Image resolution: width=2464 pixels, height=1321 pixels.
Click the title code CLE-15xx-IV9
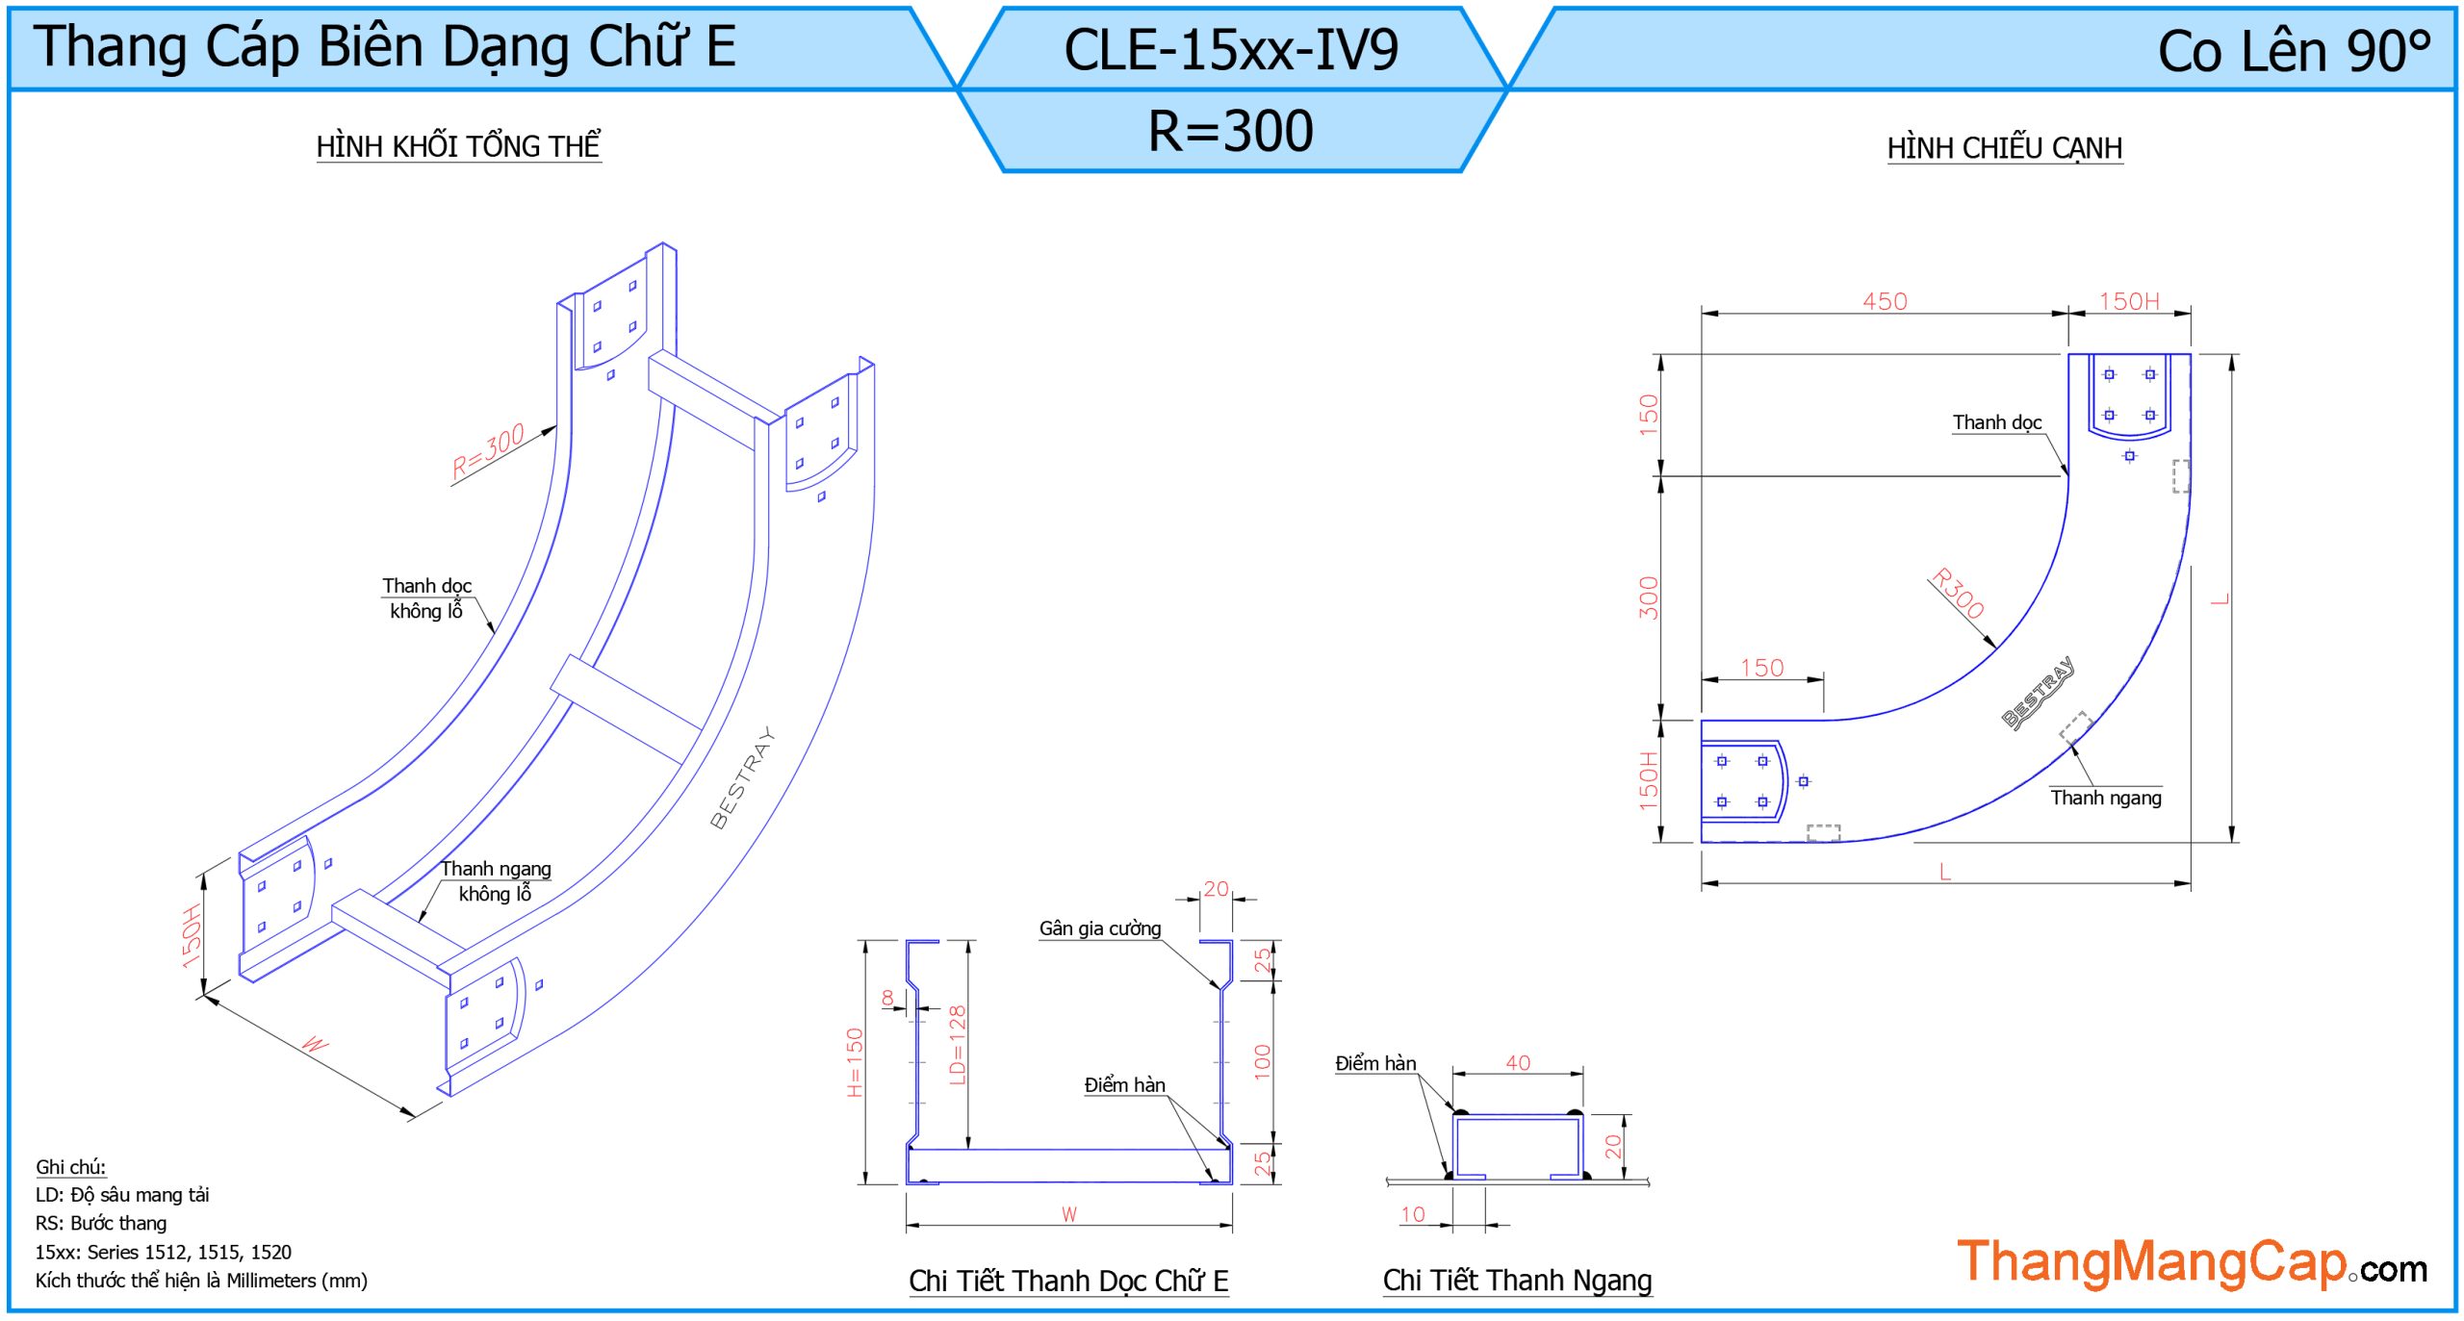click(x=1230, y=50)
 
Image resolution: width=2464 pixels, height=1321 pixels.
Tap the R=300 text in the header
click(x=1230, y=131)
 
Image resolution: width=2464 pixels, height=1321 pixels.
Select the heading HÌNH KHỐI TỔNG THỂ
click(x=458, y=146)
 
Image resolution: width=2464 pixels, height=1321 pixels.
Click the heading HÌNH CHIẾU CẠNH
click(x=2004, y=148)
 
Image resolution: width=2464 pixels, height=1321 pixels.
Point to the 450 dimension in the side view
click(x=1884, y=301)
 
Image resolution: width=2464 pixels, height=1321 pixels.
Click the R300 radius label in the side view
click(x=1958, y=593)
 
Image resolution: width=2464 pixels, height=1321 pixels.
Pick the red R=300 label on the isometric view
click(x=488, y=450)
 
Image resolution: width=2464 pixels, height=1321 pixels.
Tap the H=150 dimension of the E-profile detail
click(x=855, y=1062)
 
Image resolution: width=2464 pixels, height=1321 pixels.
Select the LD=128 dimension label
click(x=957, y=1045)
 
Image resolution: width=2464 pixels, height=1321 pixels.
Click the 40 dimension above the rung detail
click(x=1517, y=1062)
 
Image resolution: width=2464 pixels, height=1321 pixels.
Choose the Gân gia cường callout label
click(x=1099, y=928)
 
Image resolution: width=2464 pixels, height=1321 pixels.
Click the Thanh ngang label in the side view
click(x=2105, y=798)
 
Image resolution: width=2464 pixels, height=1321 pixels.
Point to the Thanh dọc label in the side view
click(x=1996, y=422)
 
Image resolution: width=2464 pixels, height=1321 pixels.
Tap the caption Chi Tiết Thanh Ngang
click(x=1517, y=1281)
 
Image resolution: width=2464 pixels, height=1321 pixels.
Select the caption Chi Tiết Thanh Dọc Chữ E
click(x=1068, y=1281)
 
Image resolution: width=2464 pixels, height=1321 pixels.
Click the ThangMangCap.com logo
click(x=2191, y=1262)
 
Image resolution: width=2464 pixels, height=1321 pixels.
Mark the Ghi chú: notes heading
click(x=70, y=1167)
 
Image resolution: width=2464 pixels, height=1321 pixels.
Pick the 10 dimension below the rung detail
click(x=1412, y=1214)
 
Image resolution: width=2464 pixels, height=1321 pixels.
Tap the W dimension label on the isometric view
click(x=315, y=1044)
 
